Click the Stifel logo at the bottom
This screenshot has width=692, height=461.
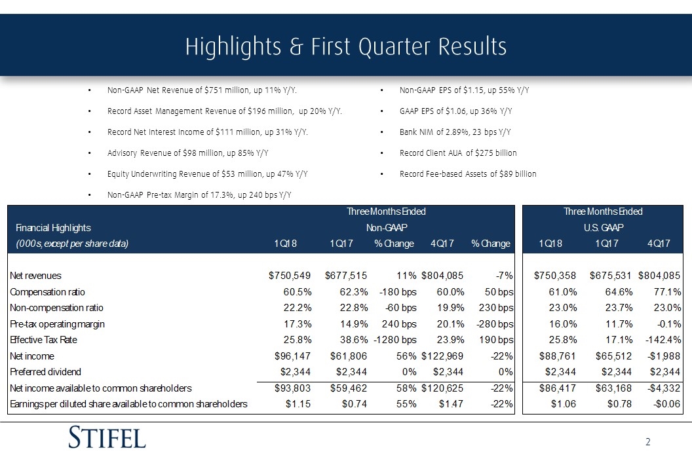(107, 437)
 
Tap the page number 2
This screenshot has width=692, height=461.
(648, 442)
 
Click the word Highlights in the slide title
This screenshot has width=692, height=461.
(233, 47)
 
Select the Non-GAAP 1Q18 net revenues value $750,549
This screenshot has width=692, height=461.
(290, 276)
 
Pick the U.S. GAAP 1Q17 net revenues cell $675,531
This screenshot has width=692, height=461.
(611, 276)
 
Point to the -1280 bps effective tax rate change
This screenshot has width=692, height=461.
(395, 340)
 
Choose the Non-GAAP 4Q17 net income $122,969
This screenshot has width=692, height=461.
(442, 356)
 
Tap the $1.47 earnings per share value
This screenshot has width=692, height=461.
(451, 404)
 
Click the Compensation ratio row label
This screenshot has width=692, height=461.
(47, 292)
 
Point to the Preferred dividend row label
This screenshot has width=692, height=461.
(45, 372)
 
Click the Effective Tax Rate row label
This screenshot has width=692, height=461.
(43, 340)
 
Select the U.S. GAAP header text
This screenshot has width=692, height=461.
(604, 228)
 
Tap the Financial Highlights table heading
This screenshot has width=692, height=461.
(53, 228)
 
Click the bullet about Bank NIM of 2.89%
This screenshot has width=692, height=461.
(455, 132)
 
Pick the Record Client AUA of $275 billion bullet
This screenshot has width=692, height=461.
(458, 153)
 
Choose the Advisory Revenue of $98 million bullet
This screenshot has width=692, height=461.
(187, 153)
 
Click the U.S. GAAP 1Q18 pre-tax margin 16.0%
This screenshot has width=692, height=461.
(563, 323)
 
